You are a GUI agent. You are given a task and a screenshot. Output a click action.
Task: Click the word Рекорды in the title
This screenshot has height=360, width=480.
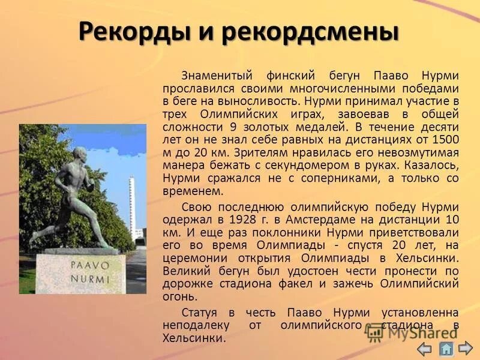pyautogui.click(x=131, y=32)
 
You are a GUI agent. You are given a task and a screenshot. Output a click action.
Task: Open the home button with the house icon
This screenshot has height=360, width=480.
pyautogui.click(x=446, y=348)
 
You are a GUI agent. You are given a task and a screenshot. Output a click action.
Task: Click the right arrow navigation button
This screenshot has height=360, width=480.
pyautogui.click(x=466, y=347)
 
